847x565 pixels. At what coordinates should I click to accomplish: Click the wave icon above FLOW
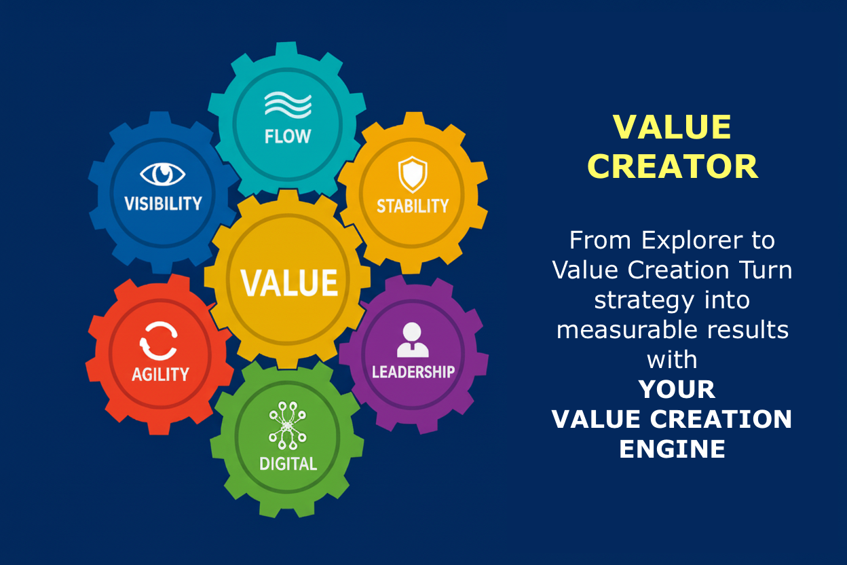(x=288, y=104)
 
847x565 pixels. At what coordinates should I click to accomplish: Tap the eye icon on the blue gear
(x=163, y=174)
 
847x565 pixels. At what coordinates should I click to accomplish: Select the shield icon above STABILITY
(x=413, y=175)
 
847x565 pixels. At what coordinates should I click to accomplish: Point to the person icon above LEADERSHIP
(x=413, y=340)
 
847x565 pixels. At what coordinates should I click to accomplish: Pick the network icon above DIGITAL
(x=287, y=425)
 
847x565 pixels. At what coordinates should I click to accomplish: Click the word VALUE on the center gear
(x=289, y=282)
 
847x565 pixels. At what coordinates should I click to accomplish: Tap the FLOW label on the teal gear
(x=288, y=136)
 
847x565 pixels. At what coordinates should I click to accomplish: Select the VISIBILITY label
(x=163, y=204)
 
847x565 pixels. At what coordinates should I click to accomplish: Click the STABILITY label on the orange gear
(x=413, y=206)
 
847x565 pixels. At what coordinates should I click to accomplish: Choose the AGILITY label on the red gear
(x=160, y=374)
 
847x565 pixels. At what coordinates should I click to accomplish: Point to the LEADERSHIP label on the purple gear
(x=413, y=371)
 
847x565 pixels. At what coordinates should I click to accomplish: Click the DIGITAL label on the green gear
(x=288, y=464)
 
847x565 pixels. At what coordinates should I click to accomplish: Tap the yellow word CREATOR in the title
(x=673, y=166)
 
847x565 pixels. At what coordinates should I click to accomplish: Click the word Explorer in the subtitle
(x=692, y=240)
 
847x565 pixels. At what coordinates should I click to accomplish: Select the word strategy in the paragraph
(x=644, y=300)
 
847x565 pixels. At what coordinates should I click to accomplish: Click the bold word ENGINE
(x=673, y=449)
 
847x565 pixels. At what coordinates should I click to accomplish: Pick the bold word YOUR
(x=677, y=389)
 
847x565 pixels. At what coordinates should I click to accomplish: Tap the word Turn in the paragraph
(x=766, y=270)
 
